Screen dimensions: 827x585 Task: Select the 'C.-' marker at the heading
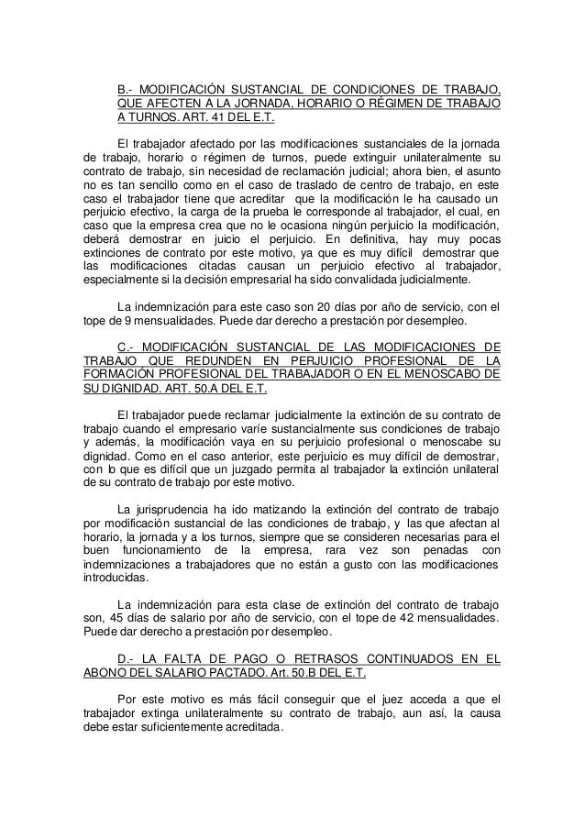click(128, 347)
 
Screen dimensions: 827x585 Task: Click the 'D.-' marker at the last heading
click(128, 659)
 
